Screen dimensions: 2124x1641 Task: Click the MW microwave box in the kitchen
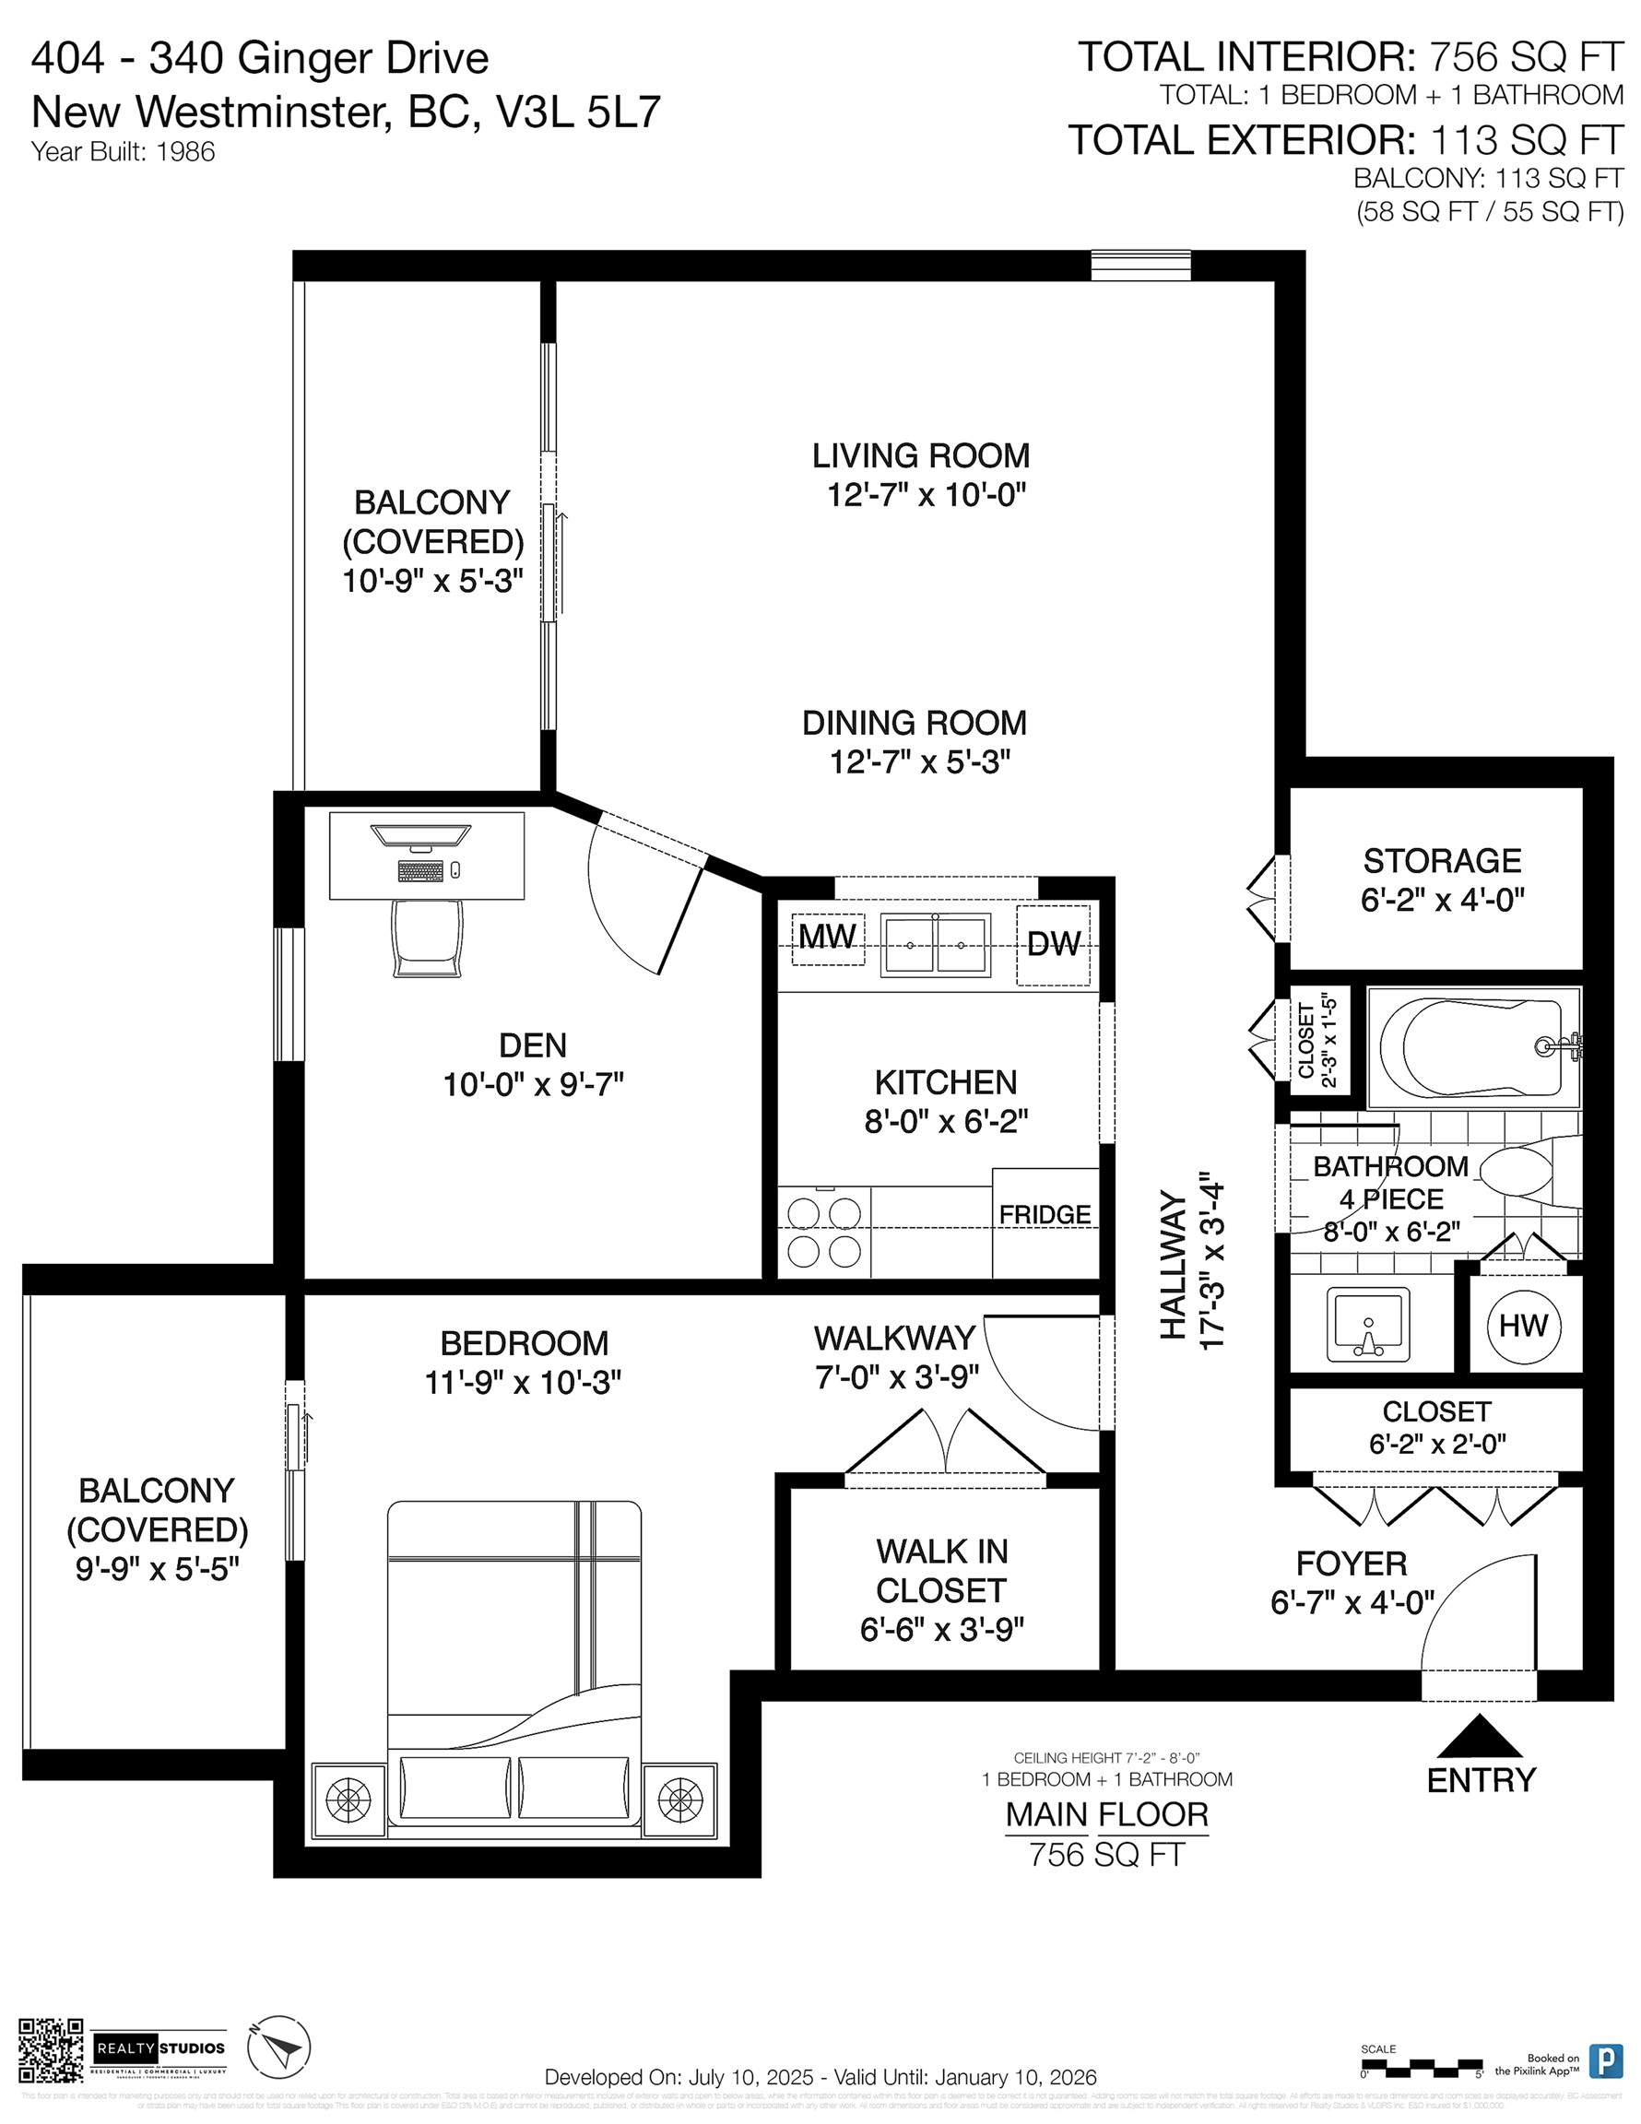(827, 938)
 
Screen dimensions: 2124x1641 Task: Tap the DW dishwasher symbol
(1054, 943)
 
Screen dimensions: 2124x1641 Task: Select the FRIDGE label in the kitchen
(1045, 1215)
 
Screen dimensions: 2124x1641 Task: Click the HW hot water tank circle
(1523, 1326)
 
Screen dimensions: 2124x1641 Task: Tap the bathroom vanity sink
(1369, 1325)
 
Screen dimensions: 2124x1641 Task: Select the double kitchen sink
(935, 944)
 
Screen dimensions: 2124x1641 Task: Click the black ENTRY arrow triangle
(1479, 1735)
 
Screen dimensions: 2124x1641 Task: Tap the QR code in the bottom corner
(51, 2050)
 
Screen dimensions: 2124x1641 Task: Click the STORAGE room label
(1442, 861)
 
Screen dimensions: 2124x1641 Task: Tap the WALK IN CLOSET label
(940, 1571)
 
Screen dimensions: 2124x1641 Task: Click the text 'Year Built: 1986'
(123, 152)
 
